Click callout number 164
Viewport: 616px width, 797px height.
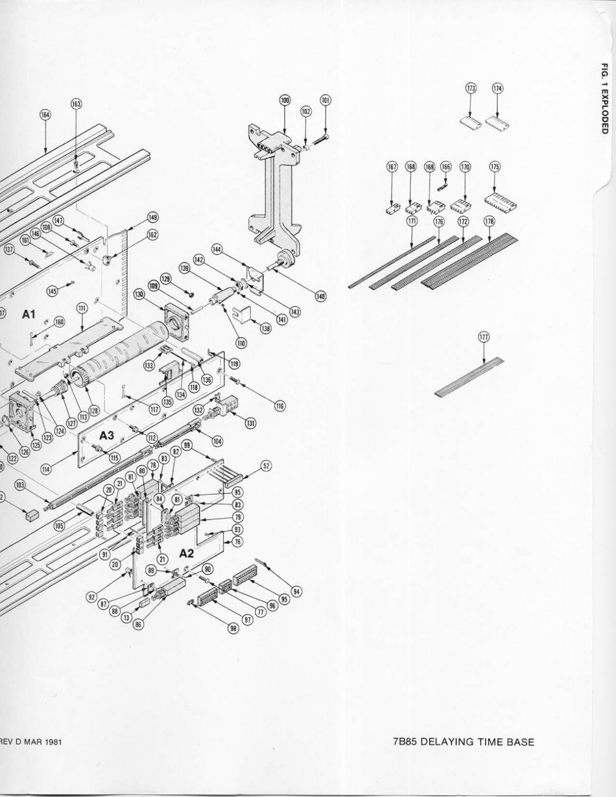(x=45, y=114)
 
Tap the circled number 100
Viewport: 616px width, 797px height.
(x=285, y=100)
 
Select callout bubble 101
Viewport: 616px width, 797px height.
(x=326, y=101)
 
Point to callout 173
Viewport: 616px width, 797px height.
(x=471, y=88)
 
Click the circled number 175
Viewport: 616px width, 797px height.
(x=495, y=167)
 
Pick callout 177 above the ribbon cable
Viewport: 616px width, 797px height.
(x=484, y=337)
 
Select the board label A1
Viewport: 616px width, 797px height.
(x=27, y=315)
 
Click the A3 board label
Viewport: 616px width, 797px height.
(x=106, y=436)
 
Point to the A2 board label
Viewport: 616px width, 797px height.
(x=187, y=553)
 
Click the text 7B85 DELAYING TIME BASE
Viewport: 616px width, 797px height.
(x=464, y=742)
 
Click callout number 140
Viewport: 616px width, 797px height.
(x=320, y=296)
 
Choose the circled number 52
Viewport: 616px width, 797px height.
(x=267, y=466)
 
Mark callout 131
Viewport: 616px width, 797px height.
(x=250, y=423)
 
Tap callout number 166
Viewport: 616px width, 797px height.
(x=446, y=167)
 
